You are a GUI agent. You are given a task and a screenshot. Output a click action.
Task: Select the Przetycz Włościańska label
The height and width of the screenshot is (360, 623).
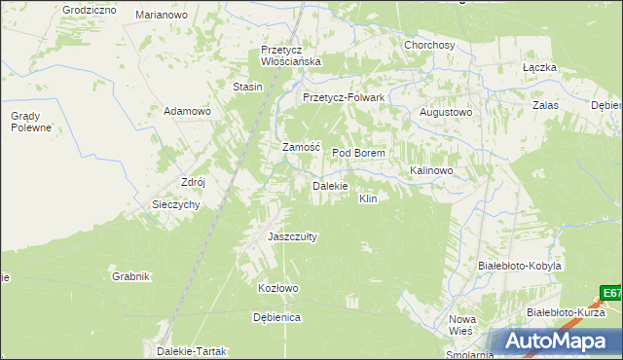tap(290, 55)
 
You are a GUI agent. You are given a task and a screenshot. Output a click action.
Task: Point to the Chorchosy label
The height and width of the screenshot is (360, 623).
tap(429, 45)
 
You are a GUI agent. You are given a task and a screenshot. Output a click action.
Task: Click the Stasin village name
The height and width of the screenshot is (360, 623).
tap(248, 88)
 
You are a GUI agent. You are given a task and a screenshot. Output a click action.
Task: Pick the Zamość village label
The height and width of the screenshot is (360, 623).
tap(301, 147)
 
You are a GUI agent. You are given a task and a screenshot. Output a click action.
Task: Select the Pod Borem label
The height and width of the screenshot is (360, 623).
tap(359, 154)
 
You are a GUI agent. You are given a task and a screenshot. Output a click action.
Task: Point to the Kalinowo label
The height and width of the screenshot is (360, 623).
tap(432, 170)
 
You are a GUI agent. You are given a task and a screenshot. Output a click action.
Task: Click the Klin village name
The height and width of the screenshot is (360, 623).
tap(368, 198)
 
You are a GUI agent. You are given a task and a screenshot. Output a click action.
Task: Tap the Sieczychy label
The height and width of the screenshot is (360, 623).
tap(176, 204)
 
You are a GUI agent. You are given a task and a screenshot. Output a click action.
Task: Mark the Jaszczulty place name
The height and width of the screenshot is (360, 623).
tap(286, 236)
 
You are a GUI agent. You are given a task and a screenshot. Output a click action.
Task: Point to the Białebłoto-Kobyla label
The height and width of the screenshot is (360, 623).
tap(520, 266)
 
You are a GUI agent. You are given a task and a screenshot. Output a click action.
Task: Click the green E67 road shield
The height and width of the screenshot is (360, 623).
tap(611, 292)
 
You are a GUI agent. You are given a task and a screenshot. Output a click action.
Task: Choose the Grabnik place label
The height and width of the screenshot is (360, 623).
tap(130, 276)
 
